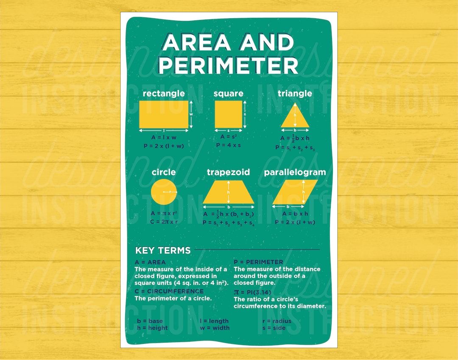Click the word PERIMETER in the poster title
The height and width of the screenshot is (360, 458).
coord(228,66)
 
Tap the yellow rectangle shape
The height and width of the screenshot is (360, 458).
coord(164,114)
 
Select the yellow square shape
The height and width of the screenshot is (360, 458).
coord(228,114)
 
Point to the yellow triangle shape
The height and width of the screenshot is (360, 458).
coord(295,119)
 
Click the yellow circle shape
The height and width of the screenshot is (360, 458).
coord(164,192)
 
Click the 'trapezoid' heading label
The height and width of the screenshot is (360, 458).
coord(228,172)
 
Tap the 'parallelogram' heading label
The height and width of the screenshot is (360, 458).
coord(295,172)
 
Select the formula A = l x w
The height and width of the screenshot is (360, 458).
coord(164,137)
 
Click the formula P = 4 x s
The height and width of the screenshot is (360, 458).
coord(228,145)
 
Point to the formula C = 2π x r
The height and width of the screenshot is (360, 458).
coord(164,221)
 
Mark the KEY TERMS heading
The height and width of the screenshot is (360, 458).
coord(163,250)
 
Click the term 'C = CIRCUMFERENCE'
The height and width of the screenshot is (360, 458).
coord(169,291)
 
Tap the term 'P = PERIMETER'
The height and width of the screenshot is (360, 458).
coord(258,262)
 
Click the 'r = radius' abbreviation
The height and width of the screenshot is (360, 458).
coord(276,321)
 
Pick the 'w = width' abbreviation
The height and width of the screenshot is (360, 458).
coord(214,328)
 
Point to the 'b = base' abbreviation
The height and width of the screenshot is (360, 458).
coord(150,321)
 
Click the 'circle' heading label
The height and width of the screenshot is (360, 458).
coord(164,172)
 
